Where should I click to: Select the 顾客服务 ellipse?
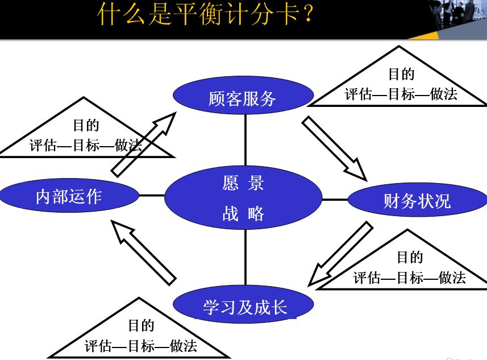click(243, 98)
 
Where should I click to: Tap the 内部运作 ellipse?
click(69, 196)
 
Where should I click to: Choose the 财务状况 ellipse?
click(417, 200)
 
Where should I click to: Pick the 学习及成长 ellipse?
click(244, 307)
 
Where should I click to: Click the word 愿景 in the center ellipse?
click(243, 184)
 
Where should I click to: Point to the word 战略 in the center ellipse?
click(243, 214)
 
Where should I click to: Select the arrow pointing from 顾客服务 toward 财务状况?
click(335, 148)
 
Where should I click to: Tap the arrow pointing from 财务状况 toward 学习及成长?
click(339, 254)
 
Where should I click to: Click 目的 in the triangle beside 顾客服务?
click(401, 74)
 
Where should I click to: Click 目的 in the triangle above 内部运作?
click(86, 125)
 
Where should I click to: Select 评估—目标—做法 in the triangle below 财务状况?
click(409, 278)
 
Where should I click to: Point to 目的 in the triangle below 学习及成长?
click(140, 325)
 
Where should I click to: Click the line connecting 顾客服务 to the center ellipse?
click(245, 139)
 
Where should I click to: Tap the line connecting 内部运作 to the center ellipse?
click(152, 196)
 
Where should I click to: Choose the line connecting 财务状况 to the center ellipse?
click(335, 200)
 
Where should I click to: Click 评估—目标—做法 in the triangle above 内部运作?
click(86, 145)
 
